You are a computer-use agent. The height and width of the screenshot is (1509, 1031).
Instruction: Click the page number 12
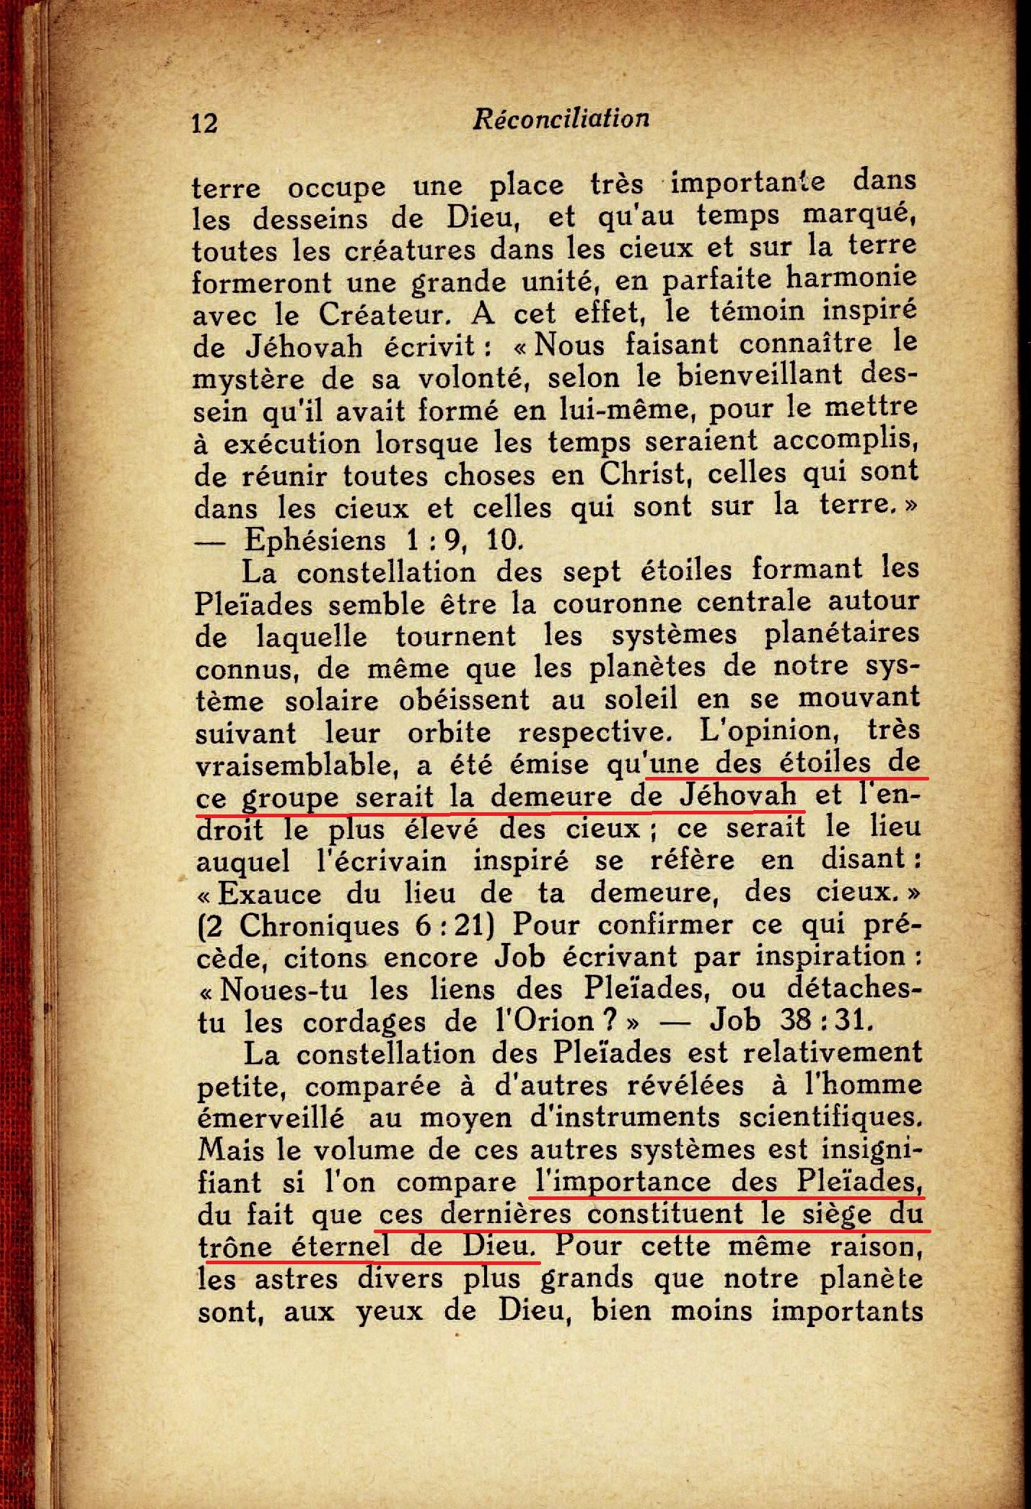click(204, 123)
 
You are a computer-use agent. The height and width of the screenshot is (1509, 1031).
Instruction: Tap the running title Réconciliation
click(561, 118)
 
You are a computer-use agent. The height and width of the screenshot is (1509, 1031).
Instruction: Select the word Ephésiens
click(315, 539)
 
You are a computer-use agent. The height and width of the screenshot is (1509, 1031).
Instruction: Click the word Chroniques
click(319, 925)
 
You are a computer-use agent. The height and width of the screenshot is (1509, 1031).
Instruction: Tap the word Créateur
click(390, 314)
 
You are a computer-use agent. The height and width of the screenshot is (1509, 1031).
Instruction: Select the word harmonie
click(851, 277)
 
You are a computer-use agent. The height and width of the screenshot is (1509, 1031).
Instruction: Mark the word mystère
click(247, 380)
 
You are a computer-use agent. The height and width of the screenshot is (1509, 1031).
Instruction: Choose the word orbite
click(449, 733)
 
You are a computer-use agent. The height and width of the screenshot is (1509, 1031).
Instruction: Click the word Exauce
click(270, 893)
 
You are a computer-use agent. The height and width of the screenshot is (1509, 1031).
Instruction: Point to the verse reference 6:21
click(452, 925)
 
